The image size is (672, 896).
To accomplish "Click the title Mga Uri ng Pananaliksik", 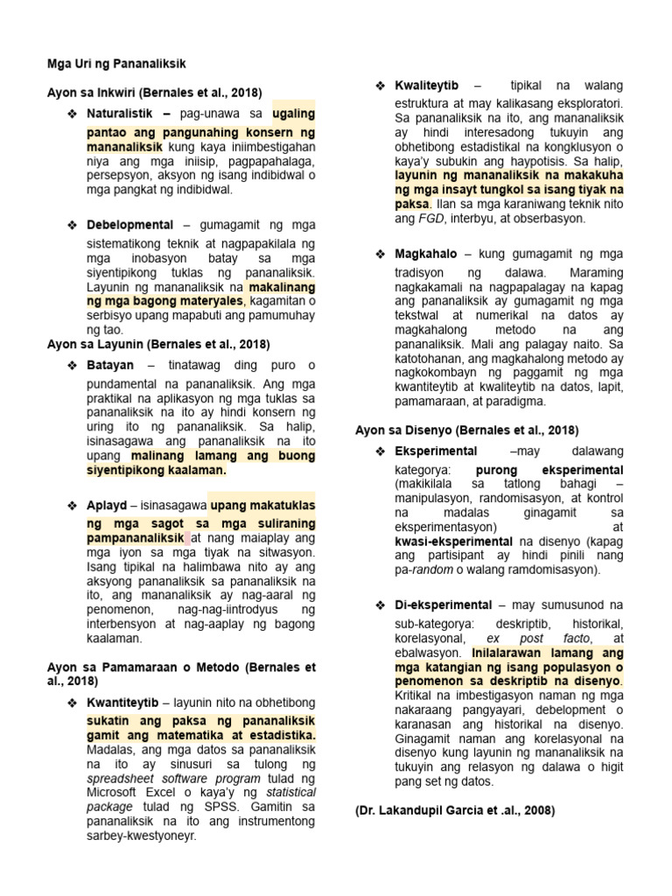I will tap(116, 64).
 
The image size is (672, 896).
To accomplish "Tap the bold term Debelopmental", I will tap(130, 225).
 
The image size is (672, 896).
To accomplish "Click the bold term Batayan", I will tap(110, 364).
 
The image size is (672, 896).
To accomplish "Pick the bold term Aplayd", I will tap(107, 506).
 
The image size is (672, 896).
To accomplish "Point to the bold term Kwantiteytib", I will tap(122, 703).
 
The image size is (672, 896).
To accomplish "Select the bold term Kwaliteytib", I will tap(426, 85).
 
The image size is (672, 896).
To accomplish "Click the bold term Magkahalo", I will tap(425, 254).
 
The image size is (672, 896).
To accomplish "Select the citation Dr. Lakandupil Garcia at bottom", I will tap(455, 811).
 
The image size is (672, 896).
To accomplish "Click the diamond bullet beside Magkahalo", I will tap(381, 254).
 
